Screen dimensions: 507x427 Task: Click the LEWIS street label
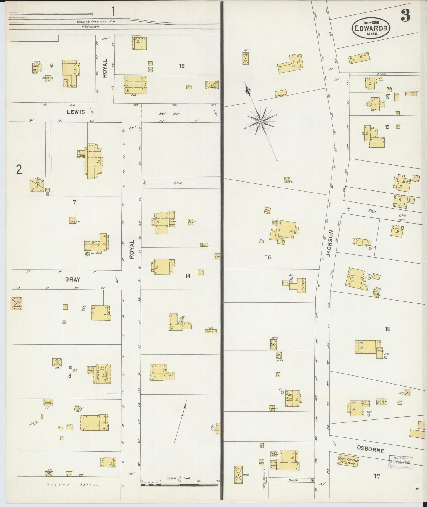(76, 112)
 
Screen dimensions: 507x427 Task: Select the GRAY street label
(73, 279)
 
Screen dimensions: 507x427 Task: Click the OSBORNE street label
(370, 450)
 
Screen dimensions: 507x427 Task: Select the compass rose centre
(261, 122)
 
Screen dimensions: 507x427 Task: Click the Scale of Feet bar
(179, 485)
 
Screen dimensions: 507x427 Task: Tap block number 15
(182, 66)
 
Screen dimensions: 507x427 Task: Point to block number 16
(268, 257)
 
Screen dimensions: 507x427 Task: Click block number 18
(387, 329)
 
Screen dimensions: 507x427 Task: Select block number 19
(387, 127)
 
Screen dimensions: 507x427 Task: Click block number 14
(188, 276)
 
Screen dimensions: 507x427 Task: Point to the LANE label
(178, 183)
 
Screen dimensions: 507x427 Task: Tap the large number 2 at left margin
(19, 170)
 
